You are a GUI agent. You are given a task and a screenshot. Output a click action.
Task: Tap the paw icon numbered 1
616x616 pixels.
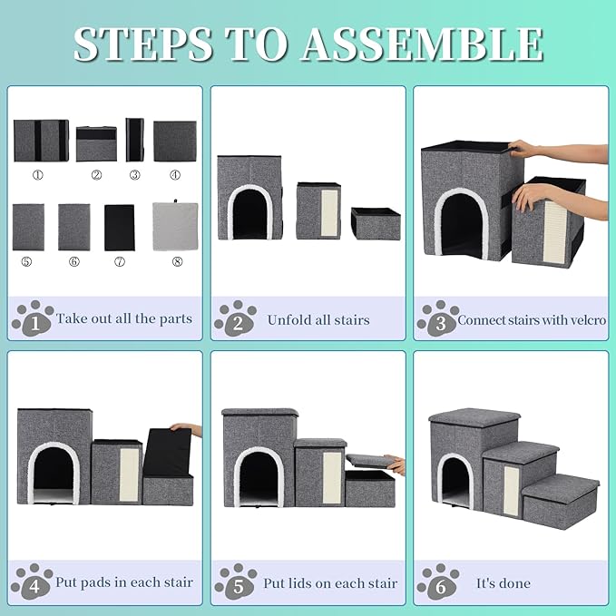pos(33,318)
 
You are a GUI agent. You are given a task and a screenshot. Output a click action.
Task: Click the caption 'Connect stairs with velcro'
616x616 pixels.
pos(532,319)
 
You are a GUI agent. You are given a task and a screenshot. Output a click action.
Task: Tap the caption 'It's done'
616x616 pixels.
pos(503,582)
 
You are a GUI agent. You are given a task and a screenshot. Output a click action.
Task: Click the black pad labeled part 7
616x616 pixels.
pos(119,227)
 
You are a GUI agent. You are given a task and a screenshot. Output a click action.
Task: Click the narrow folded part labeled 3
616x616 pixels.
pos(134,140)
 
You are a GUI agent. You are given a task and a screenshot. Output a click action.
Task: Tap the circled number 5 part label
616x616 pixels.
pos(28,261)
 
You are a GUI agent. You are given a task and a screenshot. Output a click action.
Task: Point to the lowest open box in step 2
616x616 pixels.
pos(376,223)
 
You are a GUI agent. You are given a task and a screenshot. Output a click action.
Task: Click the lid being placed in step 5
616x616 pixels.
pos(367,461)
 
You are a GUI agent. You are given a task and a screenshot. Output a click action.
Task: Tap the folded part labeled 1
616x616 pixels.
pos(41,140)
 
